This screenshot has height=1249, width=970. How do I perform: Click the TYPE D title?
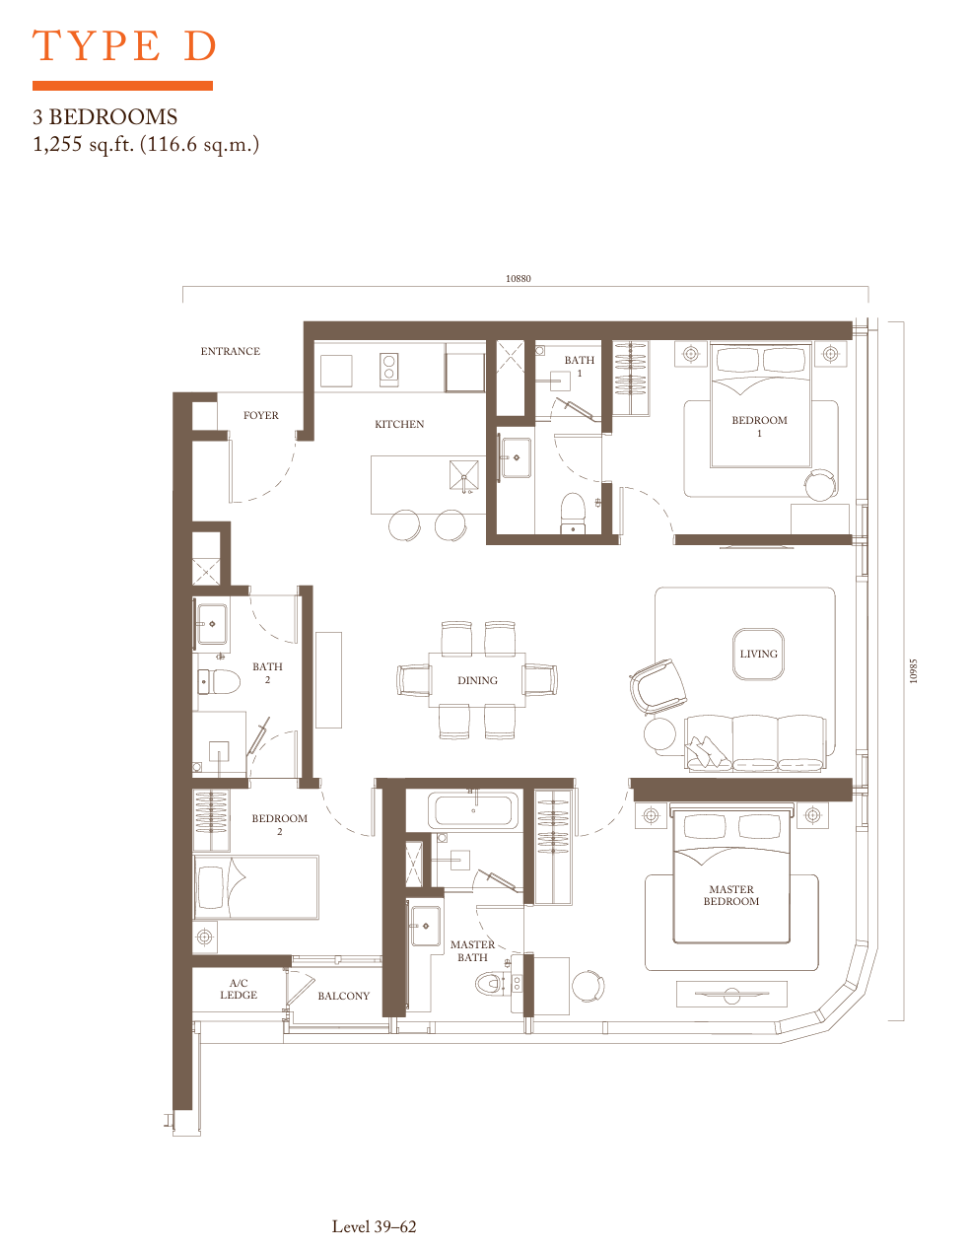[x=123, y=46]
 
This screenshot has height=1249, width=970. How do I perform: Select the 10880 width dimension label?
[x=518, y=279]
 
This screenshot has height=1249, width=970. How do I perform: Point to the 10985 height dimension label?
[x=914, y=670]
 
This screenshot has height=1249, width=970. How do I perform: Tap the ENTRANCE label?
[x=230, y=351]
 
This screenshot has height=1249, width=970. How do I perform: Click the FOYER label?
[x=261, y=415]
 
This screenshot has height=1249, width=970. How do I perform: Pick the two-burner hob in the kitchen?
[x=389, y=369]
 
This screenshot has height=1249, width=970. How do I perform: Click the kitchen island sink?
[x=464, y=475]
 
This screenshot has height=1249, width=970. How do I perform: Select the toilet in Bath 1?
[x=573, y=514]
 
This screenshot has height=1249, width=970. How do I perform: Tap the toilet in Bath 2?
[x=219, y=682]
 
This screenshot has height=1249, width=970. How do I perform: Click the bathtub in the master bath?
[x=473, y=810]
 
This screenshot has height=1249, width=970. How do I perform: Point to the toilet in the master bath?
[x=490, y=984]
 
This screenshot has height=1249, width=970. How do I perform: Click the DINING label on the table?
[x=477, y=680]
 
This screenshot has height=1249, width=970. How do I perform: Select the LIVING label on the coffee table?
[x=758, y=654]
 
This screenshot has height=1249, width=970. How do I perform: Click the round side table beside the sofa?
[x=660, y=734]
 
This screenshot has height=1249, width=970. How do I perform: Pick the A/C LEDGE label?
[x=239, y=989]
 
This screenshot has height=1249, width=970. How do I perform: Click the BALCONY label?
[x=344, y=996]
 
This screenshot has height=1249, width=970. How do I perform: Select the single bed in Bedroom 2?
[x=255, y=887]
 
